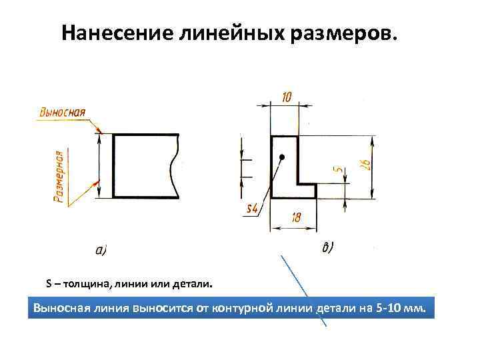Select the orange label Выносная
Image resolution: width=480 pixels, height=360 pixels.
62,111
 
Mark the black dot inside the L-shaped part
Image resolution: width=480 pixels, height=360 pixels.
282,157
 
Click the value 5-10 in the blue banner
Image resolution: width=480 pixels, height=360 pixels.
391,309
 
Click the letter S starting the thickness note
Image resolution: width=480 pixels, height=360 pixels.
49,285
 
